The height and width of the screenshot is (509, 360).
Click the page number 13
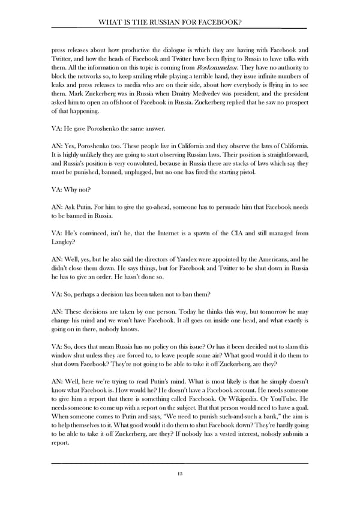point(179,474)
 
